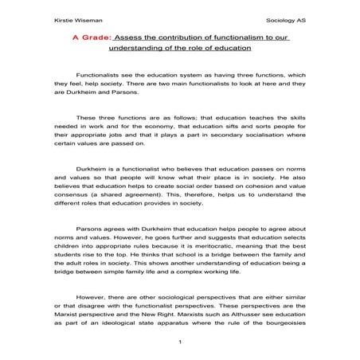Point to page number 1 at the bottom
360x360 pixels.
(181, 342)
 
